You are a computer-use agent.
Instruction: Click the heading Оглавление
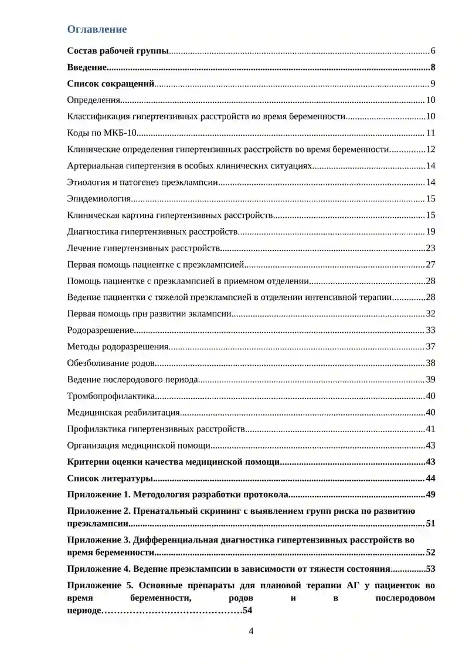97,29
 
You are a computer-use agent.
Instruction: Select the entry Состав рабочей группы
118,50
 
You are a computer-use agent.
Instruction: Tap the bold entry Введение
87,67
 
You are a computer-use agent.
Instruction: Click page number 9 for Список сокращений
432,83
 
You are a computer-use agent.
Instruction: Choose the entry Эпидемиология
99,198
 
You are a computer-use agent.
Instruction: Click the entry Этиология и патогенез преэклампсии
142,182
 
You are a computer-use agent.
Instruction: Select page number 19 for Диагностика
430,231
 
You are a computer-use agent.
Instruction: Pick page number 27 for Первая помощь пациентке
430,264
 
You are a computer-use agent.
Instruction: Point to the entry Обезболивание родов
111,363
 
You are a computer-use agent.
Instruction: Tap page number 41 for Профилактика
430,429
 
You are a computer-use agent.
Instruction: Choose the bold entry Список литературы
111,478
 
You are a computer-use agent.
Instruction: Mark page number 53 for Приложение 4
430,568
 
